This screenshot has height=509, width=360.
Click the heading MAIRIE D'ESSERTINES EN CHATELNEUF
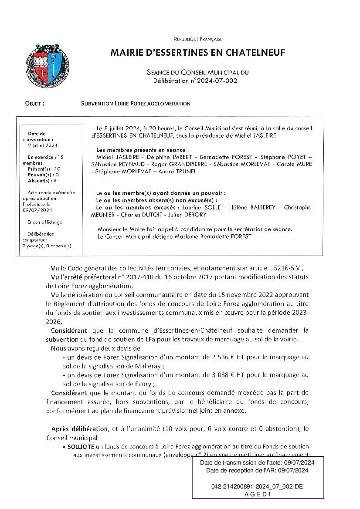coord(198,53)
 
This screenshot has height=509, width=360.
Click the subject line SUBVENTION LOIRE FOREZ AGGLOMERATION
coord(136,104)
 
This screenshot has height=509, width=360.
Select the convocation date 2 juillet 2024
coord(43,145)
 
